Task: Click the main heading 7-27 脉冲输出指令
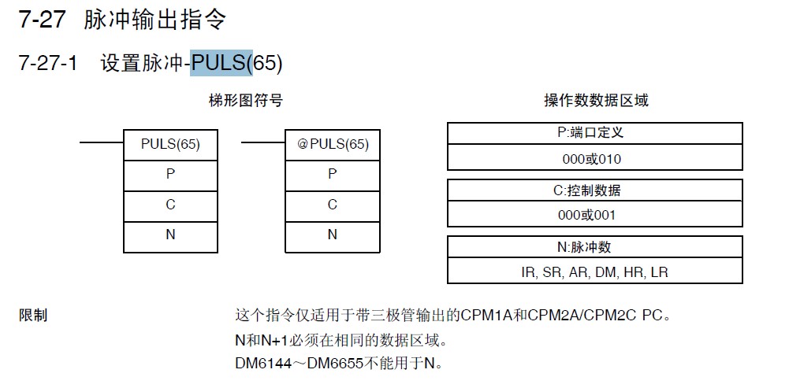(x=122, y=20)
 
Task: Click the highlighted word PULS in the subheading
(x=221, y=64)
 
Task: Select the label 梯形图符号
(x=246, y=101)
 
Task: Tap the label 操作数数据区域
(x=596, y=101)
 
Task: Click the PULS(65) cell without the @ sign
(x=170, y=145)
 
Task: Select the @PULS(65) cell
(x=333, y=145)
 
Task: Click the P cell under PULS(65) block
(x=170, y=176)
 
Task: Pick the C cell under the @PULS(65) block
(x=333, y=206)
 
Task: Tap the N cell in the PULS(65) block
(x=170, y=237)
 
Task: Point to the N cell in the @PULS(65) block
(x=333, y=237)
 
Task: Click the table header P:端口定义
(x=595, y=133)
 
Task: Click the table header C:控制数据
(x=595, y=190)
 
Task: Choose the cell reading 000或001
(x=595, y=214)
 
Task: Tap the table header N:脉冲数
(x=595, y=247)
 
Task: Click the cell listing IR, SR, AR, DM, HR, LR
(x=595, y=271)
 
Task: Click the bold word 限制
(x=32, y=316)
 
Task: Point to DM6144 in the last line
(x=263, y=363)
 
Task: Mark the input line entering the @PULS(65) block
(x=263, y=142)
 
